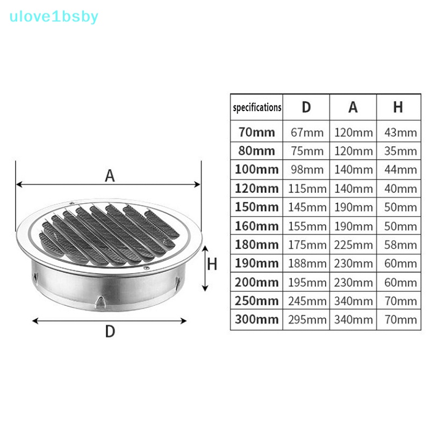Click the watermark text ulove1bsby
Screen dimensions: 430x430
tap(54, 17)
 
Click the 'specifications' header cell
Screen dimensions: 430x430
tap(257, 107)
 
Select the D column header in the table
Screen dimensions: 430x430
tap(306, 107)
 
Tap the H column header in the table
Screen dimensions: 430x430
tap(398, 107)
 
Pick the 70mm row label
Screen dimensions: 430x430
tap(257, 132)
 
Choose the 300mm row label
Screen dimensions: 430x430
tap(257, 319)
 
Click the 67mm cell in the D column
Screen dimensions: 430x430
tap(307, 132)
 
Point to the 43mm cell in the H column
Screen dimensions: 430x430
tap(400, 132)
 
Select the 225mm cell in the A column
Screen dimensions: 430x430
tap(353, 245)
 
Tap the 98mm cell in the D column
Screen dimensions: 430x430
tap(307, 169)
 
